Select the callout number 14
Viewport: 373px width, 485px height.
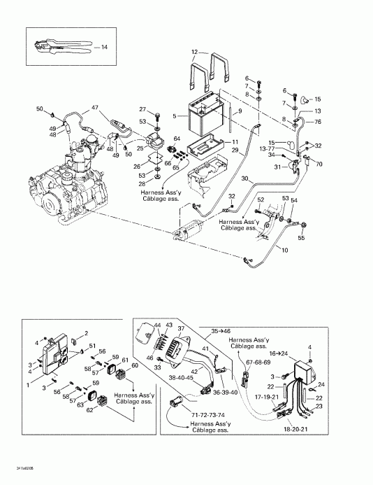coord(104,48)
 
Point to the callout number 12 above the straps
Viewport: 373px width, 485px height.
coord(196,52)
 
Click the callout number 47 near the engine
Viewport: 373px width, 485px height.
coord(95,109)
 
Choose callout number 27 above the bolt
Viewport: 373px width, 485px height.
coord(142,109)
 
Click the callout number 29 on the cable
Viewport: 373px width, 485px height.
coord(235,150)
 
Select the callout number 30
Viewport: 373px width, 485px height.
coord(244,179)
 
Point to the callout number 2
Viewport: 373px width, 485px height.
coord(86,333)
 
